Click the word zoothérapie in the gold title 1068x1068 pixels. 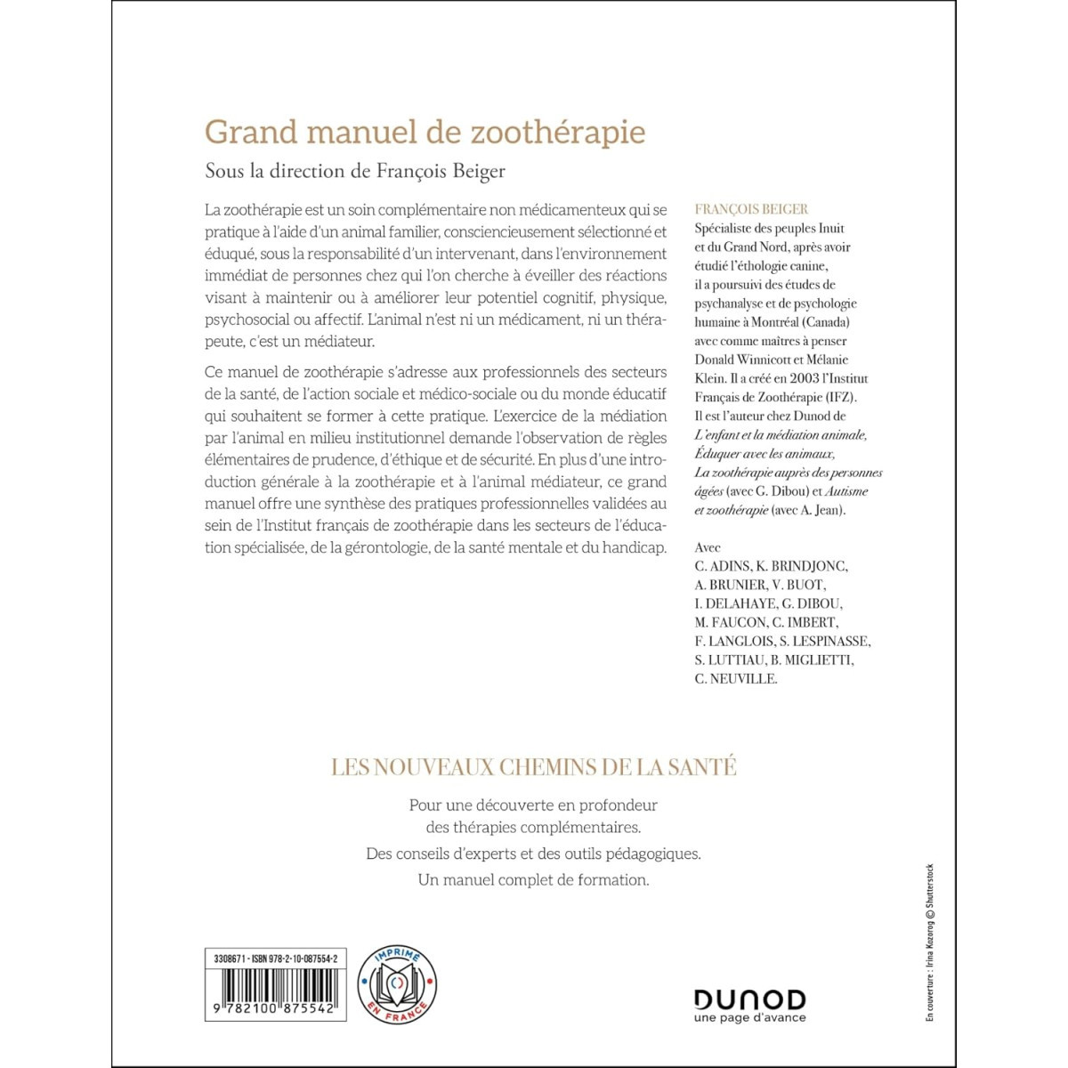coord(558,132)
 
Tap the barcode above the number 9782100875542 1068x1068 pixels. coord(275,986)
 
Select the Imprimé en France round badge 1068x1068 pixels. coord(396,983)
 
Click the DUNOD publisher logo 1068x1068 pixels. coord(749,999)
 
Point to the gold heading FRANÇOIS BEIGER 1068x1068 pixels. coord(751,209)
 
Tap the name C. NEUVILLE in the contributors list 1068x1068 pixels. coord(736,678)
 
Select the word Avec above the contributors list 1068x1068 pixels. coord(708,547)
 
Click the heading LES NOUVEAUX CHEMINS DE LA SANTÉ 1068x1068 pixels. coord(534,767)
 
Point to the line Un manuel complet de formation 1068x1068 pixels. coord(534,880)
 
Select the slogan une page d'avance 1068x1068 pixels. coord(749,1017)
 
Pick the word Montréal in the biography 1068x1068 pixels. coord(775,322)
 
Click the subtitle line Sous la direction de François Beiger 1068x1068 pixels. coord(355,171)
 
